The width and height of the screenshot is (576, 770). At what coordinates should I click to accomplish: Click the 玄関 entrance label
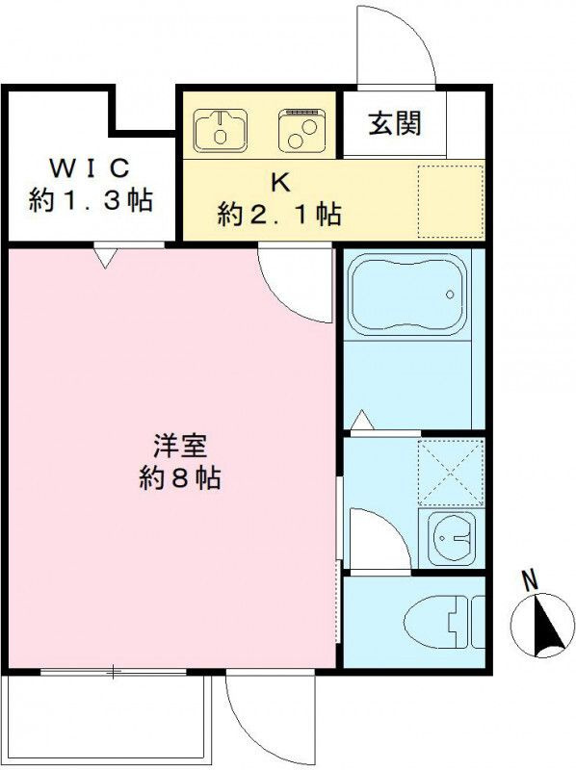[395, 123]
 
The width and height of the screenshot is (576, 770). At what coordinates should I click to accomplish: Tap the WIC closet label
[90, 168]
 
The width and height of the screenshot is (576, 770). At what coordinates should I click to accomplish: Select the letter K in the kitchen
[280, 183]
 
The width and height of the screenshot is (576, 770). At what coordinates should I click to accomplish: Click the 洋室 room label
[180, 446]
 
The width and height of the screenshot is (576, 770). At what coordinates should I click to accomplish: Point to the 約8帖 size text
[180, 477]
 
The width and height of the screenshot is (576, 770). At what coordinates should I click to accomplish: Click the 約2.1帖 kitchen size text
[279, 214]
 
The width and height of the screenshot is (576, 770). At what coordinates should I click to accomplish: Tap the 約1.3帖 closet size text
[91, 200]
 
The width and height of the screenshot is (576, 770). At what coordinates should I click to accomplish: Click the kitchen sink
[221, 130]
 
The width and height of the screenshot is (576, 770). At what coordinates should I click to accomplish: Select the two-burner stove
[301, 130]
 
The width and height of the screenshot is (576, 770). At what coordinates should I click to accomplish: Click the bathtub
[406, 295]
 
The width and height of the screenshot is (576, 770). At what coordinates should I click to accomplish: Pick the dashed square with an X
[451, 473]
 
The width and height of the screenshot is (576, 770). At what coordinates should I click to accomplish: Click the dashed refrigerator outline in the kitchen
[451, 202]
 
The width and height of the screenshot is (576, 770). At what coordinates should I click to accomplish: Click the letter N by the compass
[530, 580]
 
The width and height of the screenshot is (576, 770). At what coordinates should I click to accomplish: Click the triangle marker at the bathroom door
[364, 419]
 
